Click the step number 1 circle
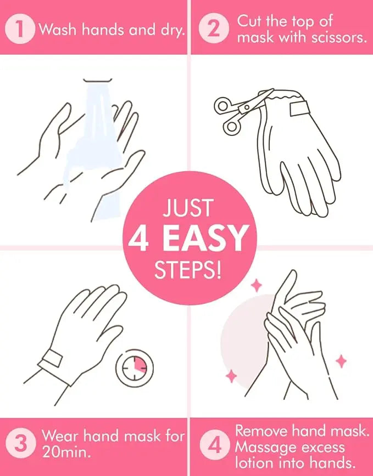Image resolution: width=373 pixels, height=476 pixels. pyautogui.click(x=21, y=30)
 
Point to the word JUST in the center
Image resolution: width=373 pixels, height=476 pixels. pyautogui.click(x=186, y=209)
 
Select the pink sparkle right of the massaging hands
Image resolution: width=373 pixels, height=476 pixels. pyautogui.click(x=342, y=361)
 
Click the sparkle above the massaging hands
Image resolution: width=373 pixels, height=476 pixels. pyautogui.click(x=256, y=285)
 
